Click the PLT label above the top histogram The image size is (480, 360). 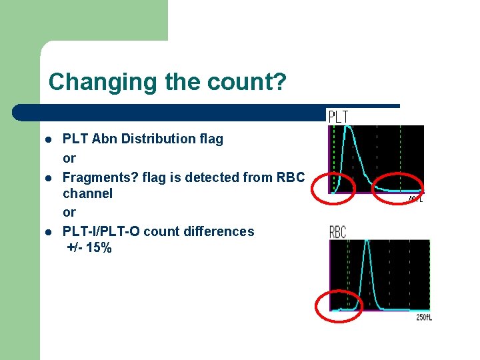[x=338, y=117]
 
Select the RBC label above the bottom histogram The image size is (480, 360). [x=339, y=232]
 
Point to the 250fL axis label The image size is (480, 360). [x=424, y=317]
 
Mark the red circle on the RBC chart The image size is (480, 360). [x=338, y=307]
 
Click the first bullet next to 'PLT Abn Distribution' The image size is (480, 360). [x=49, y=139]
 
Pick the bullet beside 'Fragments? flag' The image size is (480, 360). [x=49, y=177]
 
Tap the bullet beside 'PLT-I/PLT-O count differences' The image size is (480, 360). [x=49, y=231]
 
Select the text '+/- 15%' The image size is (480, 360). [x=89, y=248]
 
